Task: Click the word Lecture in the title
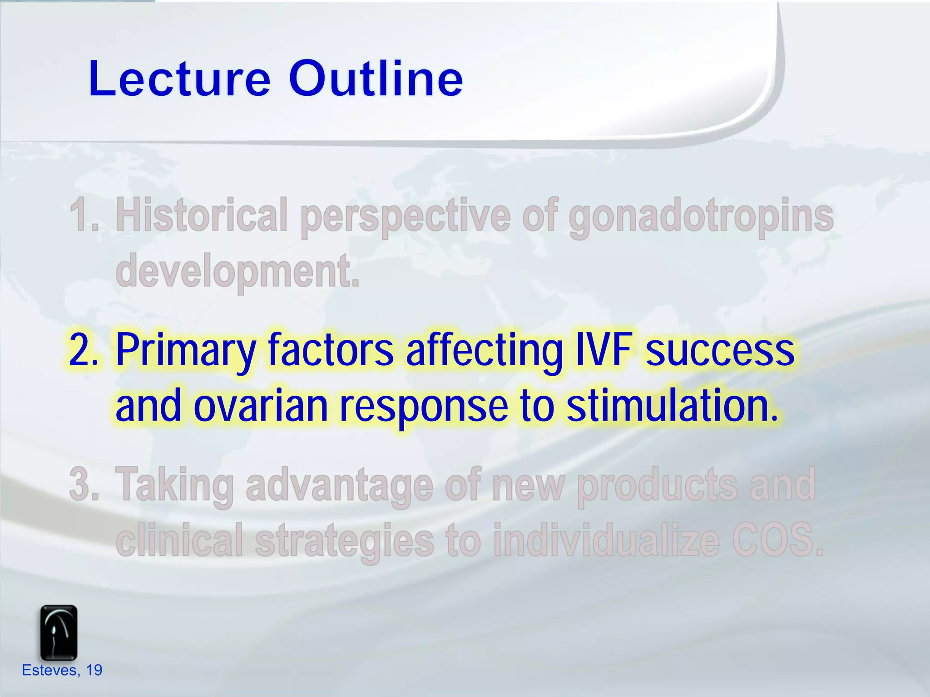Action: [x=179, y=79]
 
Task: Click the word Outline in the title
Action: [x=376, y=79]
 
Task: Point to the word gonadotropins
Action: [x=701, y=217]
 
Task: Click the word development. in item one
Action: [x=237, y=271]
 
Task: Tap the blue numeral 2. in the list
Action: [x=84, y=349]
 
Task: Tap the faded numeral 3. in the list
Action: [x=84, y=484]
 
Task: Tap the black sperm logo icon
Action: [x=59, y=633]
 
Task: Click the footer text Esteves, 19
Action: [x=62, y=670]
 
